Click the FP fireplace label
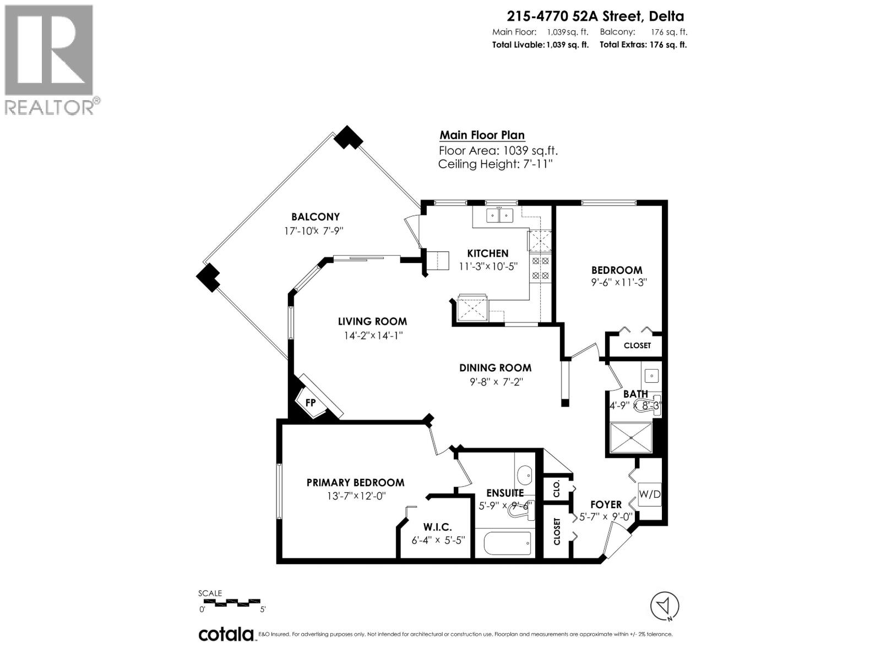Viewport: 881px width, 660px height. pyautogui.click(x=311, y=403)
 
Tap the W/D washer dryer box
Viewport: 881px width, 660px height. pyautogui.click(x=649, y=494)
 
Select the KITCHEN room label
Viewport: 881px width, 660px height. pyautogui.click(x=487, y=254)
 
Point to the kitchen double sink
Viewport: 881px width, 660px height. pyautogui.click(x=499, y=215)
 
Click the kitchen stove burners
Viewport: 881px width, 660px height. pyautogui.click(x=540, y=268)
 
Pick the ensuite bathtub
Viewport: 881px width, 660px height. pyautogui.click(x=507, y=543)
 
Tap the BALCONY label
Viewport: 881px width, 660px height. pyautogui.click(x=316, y=217)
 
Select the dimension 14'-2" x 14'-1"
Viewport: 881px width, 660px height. pyautogui.click(x=372, y=335)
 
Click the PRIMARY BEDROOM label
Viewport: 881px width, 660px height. pyautogui.click(x=355, y=482)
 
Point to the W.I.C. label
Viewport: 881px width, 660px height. pyautogui.click(x=438, y=527)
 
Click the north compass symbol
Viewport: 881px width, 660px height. pyautogui.click(x=665, y=606)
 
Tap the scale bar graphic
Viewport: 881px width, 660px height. pyautogui.click(x=231, y=602)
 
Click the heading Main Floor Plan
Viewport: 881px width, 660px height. pyautogui.click(x=482, y=135)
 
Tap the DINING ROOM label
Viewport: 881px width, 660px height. pyautogui.click(x=495, y=368)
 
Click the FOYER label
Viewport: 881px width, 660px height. pyautogui.click(x=606, y=504)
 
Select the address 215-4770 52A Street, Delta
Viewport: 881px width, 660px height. pyautogui.click(x=588, y=17)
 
